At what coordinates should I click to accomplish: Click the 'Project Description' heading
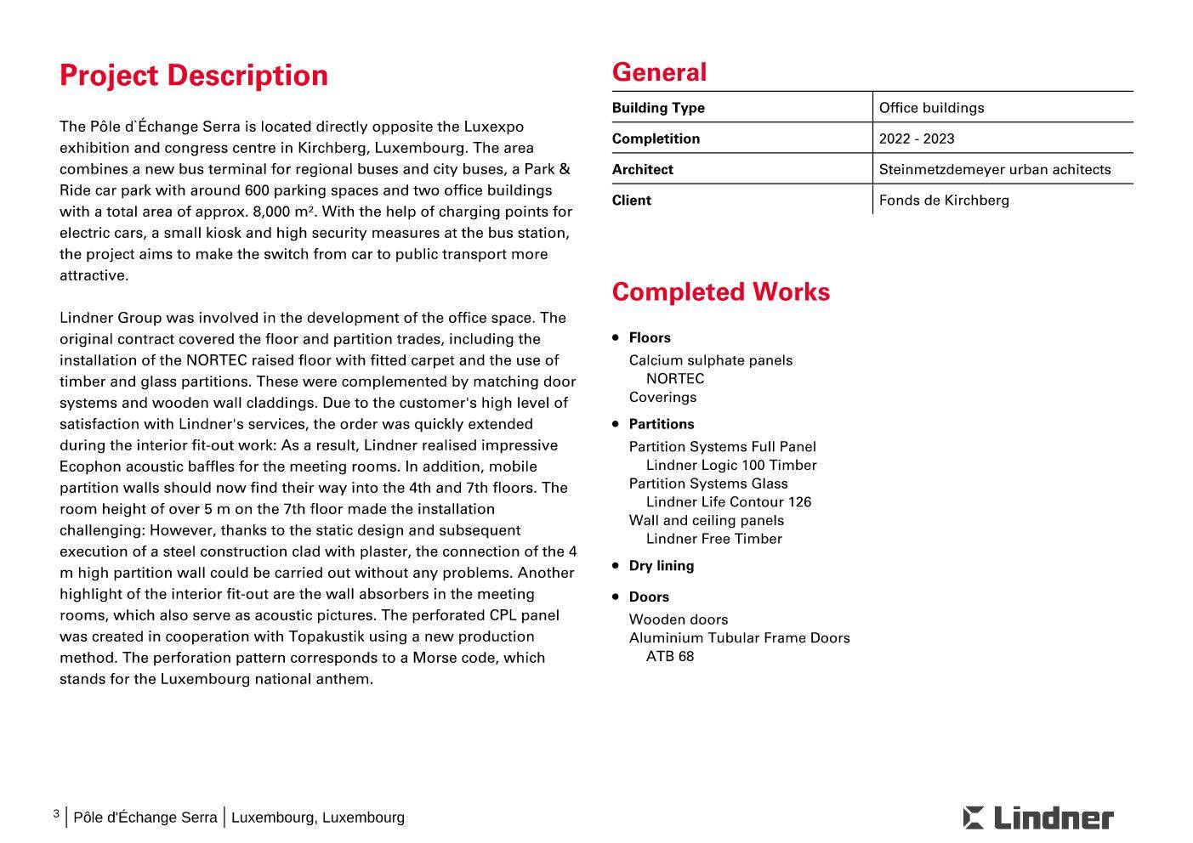coord(193,76)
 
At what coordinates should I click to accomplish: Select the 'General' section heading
coord(659,73)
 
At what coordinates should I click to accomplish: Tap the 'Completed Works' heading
coord(720,292)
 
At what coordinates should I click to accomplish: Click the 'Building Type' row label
coord(658,108)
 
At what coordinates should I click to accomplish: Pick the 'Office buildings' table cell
coord(931,108)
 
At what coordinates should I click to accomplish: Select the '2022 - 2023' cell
coord(917,139)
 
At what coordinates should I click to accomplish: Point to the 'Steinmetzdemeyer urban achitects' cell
coord(994,169)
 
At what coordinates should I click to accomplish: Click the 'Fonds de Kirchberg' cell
coord(944,201)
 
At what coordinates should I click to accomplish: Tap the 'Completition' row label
coord(656,139)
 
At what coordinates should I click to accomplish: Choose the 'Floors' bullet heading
coord(650,337)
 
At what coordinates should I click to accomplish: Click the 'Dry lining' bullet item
coord(661,566)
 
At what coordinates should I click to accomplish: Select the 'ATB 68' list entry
coord(670,656)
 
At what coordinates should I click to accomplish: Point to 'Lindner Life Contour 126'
coord(729,502)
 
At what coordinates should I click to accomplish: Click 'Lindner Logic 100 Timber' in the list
coord(731,466)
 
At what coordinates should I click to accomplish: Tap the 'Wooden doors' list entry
coord(679,620)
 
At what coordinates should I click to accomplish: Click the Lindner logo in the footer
coord(1037,818)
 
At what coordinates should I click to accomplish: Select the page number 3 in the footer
coord(56,814)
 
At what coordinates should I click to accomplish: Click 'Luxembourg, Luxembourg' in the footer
coord(318,818)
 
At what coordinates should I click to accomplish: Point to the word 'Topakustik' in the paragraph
coord(327,636)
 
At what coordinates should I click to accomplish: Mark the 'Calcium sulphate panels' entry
coord(711,360)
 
